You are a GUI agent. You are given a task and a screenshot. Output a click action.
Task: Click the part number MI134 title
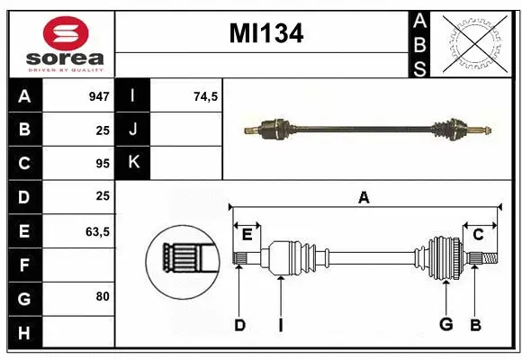coord(265,34)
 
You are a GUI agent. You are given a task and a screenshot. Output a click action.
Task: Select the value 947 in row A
coord(98,95)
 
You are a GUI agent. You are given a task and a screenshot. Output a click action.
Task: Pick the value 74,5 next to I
coord(206,95)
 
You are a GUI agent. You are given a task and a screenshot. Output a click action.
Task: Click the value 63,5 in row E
coord(96,231)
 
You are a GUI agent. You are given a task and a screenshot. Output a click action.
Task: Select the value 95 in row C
coord(102,164)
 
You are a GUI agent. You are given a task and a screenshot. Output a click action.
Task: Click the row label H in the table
coord(24,334)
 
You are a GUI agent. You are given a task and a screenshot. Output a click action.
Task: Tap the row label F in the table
coord(24,265)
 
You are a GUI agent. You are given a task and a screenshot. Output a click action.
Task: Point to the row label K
coord(134,163)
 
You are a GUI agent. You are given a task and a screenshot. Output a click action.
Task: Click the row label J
coord(134,130)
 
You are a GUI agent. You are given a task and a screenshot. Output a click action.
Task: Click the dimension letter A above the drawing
coord(364,198)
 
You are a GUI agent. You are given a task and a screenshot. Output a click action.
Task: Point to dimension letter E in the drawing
coord(247,234)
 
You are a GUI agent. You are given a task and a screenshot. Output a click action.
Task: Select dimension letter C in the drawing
coord(478,234)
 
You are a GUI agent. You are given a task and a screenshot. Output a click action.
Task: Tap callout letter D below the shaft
coord(239,325)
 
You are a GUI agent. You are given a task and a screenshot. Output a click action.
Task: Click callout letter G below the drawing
coord(445,325)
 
